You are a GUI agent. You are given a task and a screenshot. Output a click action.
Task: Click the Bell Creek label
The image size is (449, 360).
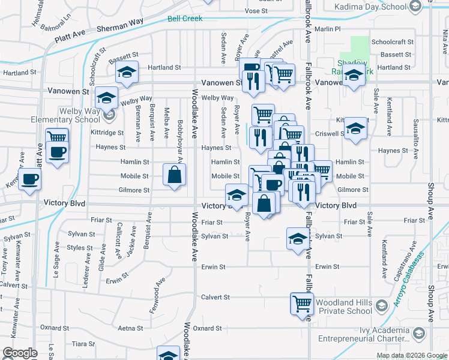click(x=184, y=19)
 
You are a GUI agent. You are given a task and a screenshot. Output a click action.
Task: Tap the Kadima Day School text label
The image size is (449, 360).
click(x=369, y=7)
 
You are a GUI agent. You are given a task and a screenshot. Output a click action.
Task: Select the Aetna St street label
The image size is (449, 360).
click(x=130, y=328)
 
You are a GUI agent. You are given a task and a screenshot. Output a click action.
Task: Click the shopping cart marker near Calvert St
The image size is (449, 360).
click(x=301, y=304)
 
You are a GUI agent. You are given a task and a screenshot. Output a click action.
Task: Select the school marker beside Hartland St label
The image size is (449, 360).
click(x=127, y=73)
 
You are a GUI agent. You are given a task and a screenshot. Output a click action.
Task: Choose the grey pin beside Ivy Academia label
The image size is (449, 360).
click(x=418, y=334)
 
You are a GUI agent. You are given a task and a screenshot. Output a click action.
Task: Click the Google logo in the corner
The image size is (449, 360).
click(x=21, y=353)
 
